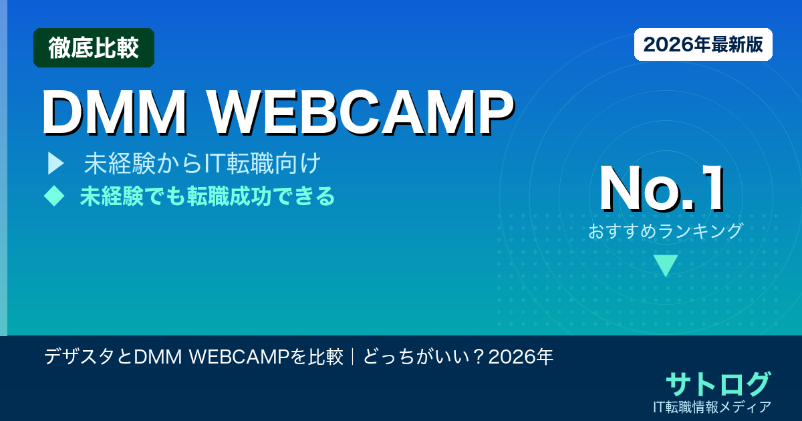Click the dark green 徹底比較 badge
pyautogui.click(x=94, y=47)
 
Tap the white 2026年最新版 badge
pyautogui.click(x=703, y=45)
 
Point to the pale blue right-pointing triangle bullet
pyautogui.click(x=55, y=163)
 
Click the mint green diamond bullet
pyautogui.click(x=53, y=195)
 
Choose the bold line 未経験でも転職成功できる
pyautogui.click(x=207, y=196)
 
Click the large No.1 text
pyautogui.click(x=661, y=190)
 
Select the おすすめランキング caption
pyautogui.click(x=666, y=231)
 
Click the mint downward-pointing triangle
pyautogui.click(x=666, y=265)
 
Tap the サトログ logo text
pyautogui.click(x=718, y=384)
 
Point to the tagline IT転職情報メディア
pyautogui.click(x=713, y=406)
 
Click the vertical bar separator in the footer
pyautogui.click(x=352, y=358)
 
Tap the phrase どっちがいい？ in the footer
pyautogui.click(x=424, y=358)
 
